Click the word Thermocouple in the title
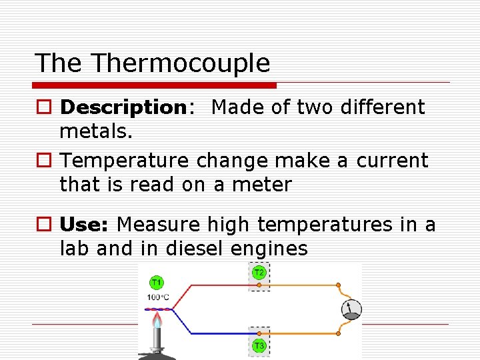(181, 63)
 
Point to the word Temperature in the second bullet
(123, 161)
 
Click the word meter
(262, 185)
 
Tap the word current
(392, 161)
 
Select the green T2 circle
(259, 273)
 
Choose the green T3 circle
(259, 345)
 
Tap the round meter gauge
(351, 309)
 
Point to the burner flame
(156, 322)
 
